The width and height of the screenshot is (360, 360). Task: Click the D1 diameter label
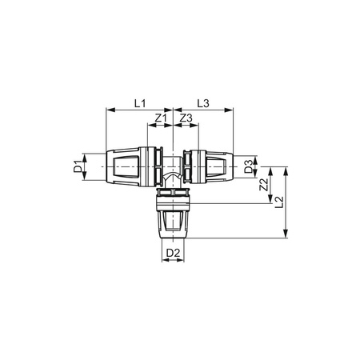[x=78, y=167]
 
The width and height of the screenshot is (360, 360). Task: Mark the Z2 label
[x=264, y=186]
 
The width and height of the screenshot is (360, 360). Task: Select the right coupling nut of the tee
[x=211, y=167]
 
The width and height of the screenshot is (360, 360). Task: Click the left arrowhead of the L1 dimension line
[x=108, y=110]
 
